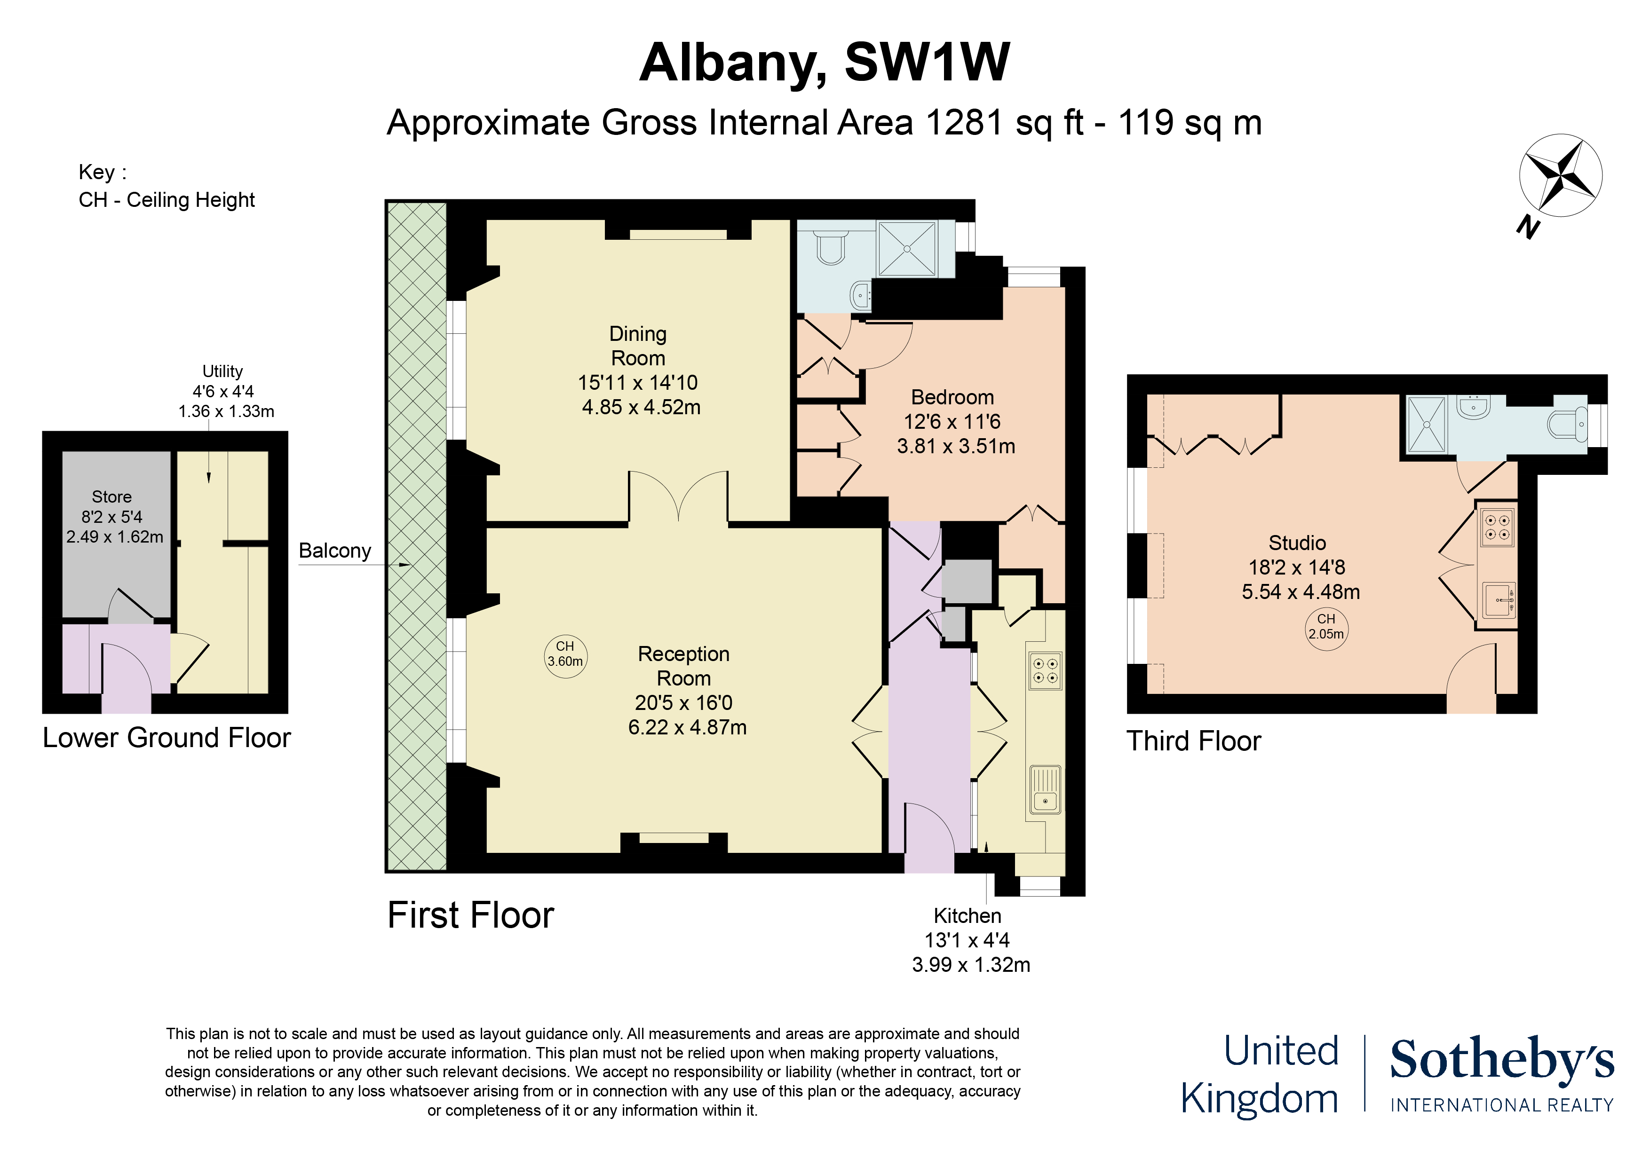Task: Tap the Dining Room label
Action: tap(638, 346)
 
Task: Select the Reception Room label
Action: tap(683, 666)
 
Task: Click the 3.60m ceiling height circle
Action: tap(565, 654)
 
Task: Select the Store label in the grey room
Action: tap(111, 496)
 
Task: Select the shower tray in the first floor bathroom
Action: tap(907, 249)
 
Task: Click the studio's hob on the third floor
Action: tap(1497, 527)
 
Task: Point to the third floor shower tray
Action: tap(1426, 425)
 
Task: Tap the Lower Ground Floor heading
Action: tap(166, 738)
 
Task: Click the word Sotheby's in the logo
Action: tap(1502, 1060)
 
